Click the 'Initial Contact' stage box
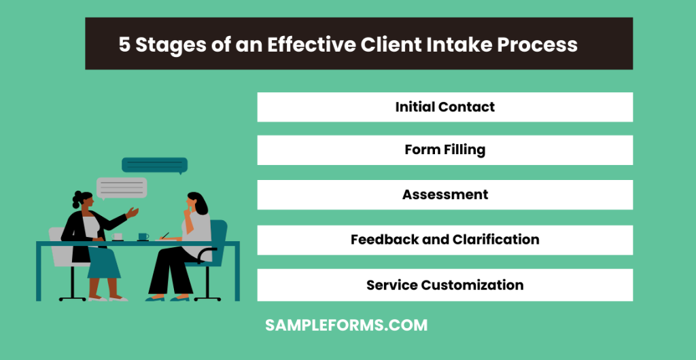pyautogui.click(x=445, y=107)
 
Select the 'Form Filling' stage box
pyautogui.click(x=445, y=150)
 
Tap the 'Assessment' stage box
pyautogui.click(x=445, y=195)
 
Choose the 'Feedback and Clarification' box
pyautogui.click(x=445, y=240)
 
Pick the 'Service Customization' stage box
pyautogui.click(x=445, y=285)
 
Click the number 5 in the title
pyautogui.click(x=124, y=45)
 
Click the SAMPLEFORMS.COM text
pyautogui.click(x=346, y=325)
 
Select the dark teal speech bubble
pyautogui.click(x=154, y=165)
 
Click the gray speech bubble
pyautogui.click(x=122, y=187)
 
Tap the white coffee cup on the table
pyautogui.click(x=118, y=236)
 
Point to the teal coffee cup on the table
pyautogui.click(x=143, y=236)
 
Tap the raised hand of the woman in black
pyautogui.click(x=133, y=213)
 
